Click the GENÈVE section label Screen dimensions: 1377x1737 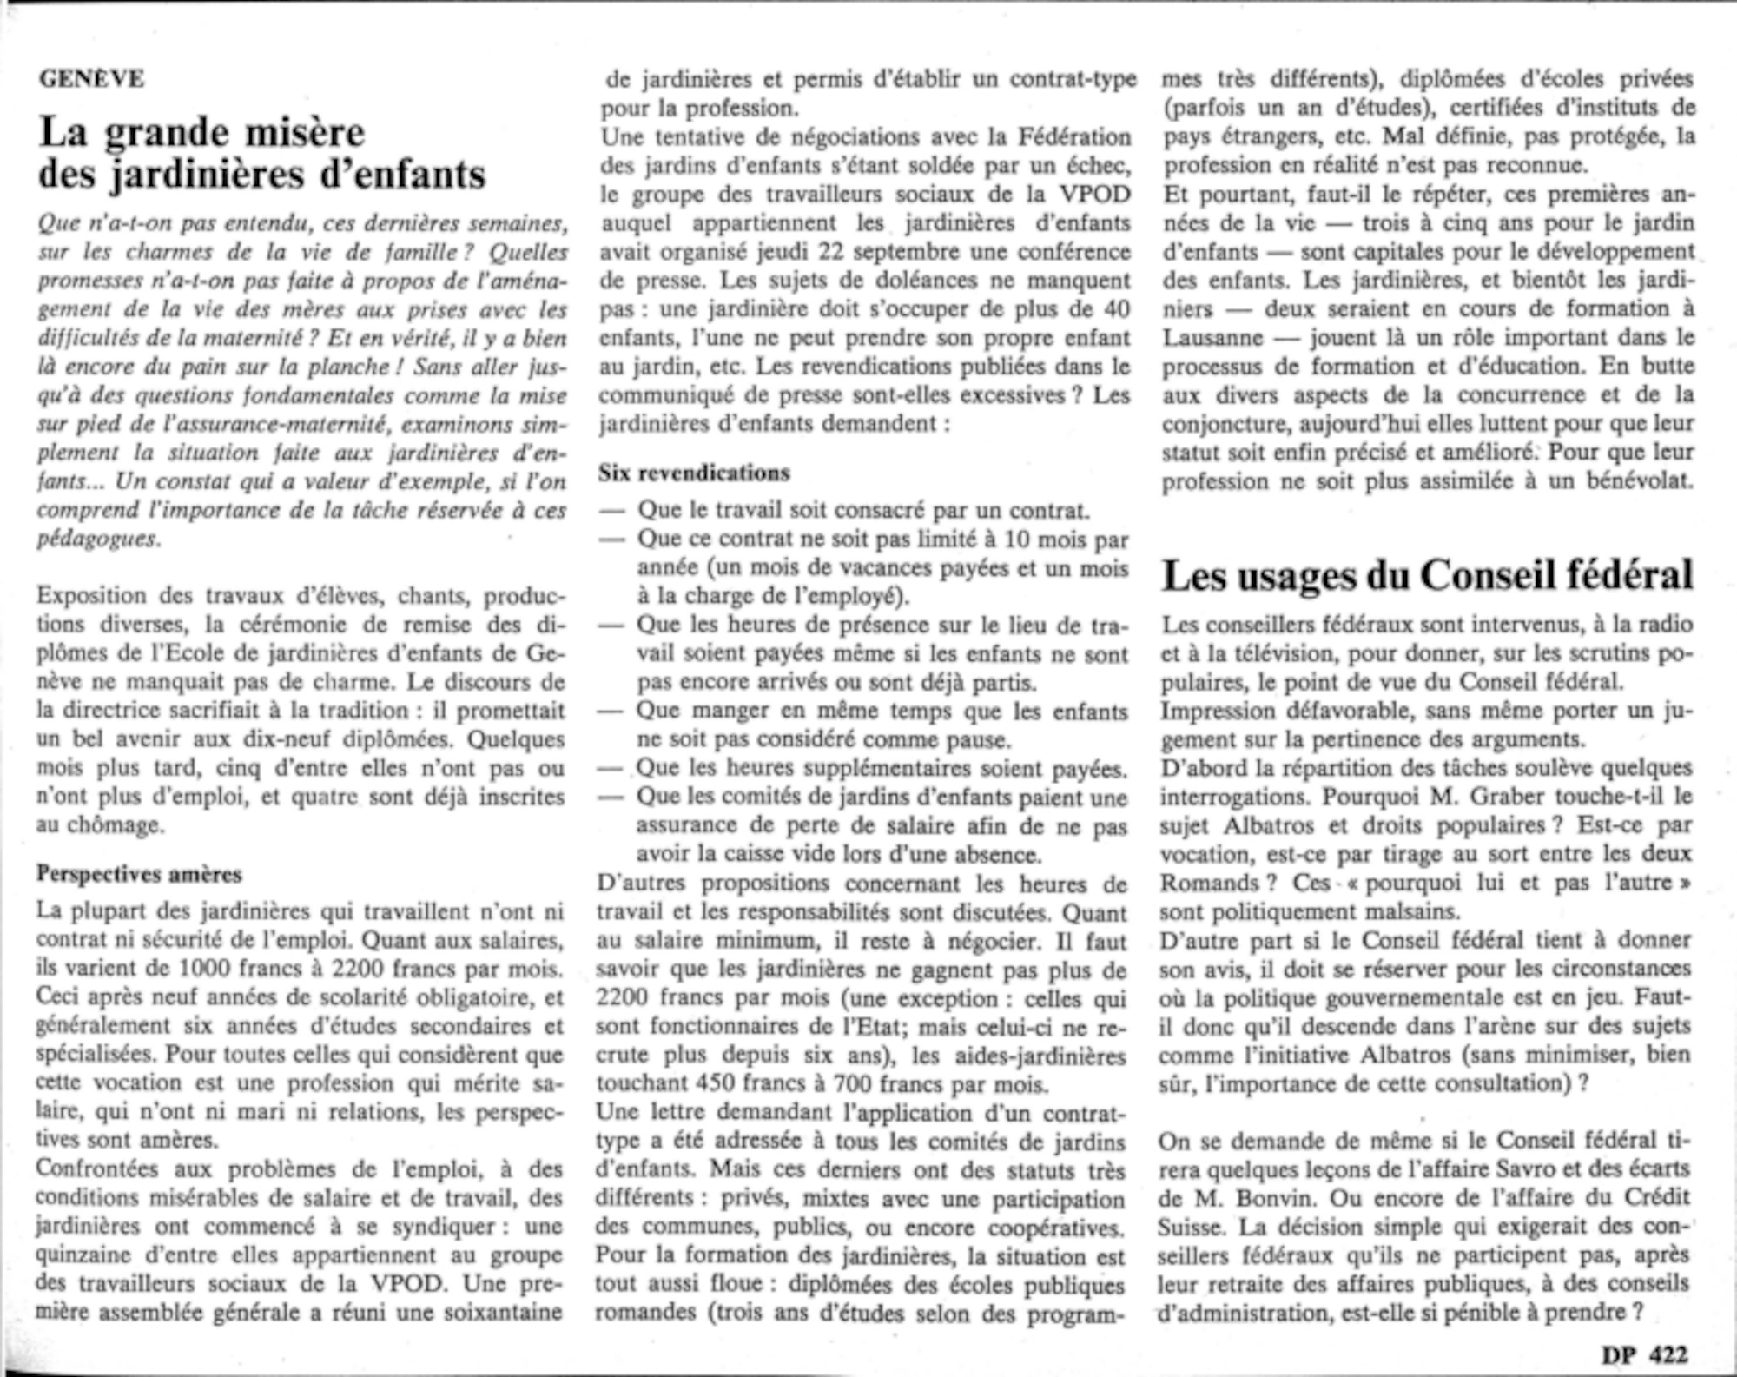[x=91, y=79]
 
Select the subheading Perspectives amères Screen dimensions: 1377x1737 [x=139, y=874]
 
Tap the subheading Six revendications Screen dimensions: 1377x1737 [x=694, y=473]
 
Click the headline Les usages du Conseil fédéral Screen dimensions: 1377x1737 [x=1427, y=575]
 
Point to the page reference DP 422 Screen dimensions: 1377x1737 [x=1644, y=1354]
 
